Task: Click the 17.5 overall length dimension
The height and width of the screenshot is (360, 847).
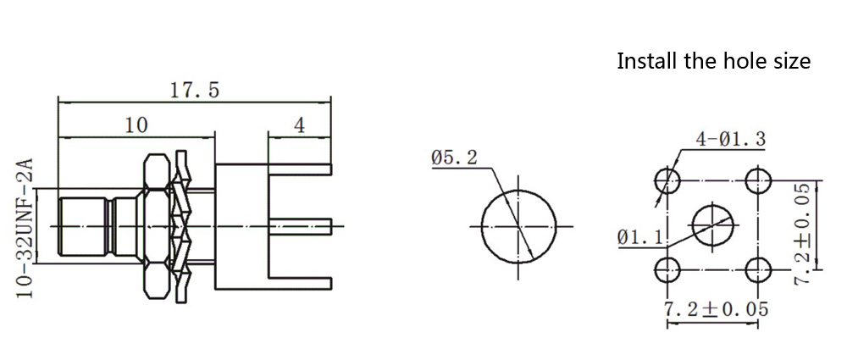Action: [x=195, y=91]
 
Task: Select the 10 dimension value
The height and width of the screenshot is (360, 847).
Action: [x=136, y=125]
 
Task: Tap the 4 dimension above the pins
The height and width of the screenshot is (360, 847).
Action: [x=299, y=125]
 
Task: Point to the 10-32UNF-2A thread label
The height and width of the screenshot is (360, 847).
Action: [x=26, y=228]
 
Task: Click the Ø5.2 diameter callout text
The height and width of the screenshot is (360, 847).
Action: [x=454, y=158]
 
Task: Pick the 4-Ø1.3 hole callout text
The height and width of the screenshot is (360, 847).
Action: [x=730, y=140]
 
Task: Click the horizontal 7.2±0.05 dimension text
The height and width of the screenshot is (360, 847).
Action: [x=715, y=309]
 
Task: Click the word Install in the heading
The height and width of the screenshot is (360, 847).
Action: [x=645, y=61]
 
